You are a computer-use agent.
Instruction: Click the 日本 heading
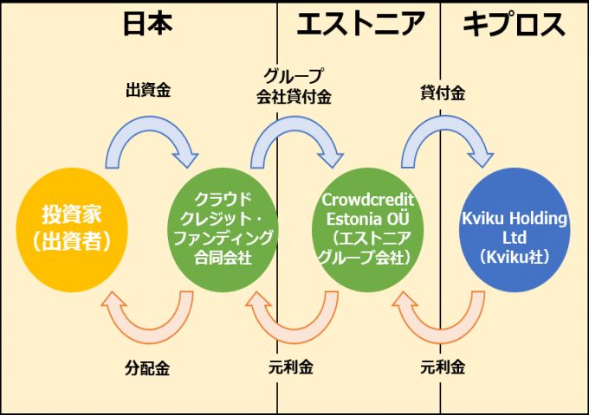pyautogui.click(x=146, y=24)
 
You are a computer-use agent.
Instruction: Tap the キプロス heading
pyautogui.click(x=515, y=24)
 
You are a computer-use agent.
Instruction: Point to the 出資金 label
pyautogui.click(x=147, y=90)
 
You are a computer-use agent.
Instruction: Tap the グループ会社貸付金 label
pyautogui.click(x=294, y=85)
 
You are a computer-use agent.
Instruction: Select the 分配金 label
pyautogui.click(x=147, y=367)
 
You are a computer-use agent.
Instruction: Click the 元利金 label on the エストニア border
pyautogui.click(x=292, y=367)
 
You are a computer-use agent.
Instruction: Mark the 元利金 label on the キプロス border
pyautogui.click(x=443, y=367)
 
